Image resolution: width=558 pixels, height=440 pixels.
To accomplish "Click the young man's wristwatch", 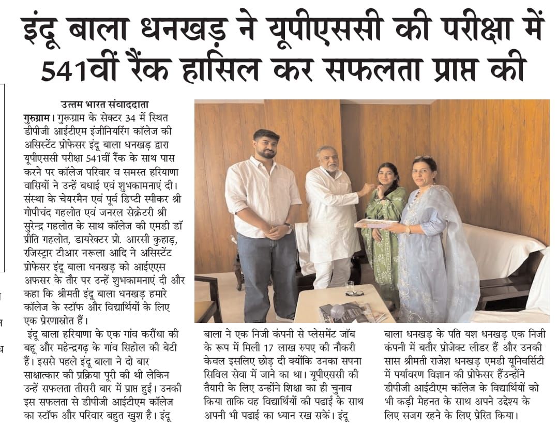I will coord(288,226).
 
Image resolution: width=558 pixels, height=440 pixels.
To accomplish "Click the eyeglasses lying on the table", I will coord(354,292).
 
